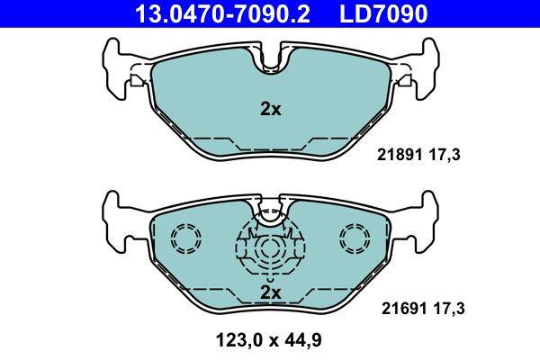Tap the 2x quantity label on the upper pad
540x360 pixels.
pyautogui.click(x=270, y=110)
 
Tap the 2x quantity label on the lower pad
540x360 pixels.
pyautogui.click(x=270, y=292)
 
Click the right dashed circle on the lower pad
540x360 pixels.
pyautogui.click(x=355, y=238)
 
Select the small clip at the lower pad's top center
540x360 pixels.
pyautogui.click(x=270, y=213)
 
